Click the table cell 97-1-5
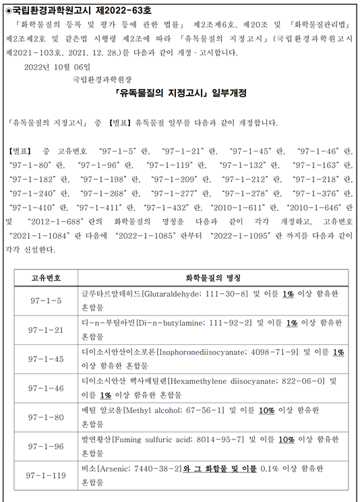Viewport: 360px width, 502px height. (47, 299)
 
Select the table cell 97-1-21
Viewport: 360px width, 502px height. (47, 330)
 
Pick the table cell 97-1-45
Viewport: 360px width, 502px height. (47, 358)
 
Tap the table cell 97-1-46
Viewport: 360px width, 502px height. (47, 388)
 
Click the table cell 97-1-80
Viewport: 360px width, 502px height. (47, 417)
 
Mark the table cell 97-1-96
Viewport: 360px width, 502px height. (47, 446)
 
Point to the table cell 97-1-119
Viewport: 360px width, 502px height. (47, 475)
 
